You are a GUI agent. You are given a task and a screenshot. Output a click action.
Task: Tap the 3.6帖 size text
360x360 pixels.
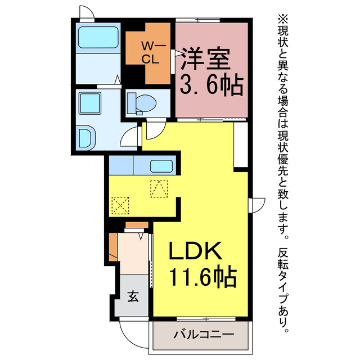[211, 85]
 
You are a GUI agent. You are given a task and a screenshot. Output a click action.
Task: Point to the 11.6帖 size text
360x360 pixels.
[202, 277]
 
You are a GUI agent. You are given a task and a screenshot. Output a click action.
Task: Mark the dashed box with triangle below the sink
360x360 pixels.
[159, 188]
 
